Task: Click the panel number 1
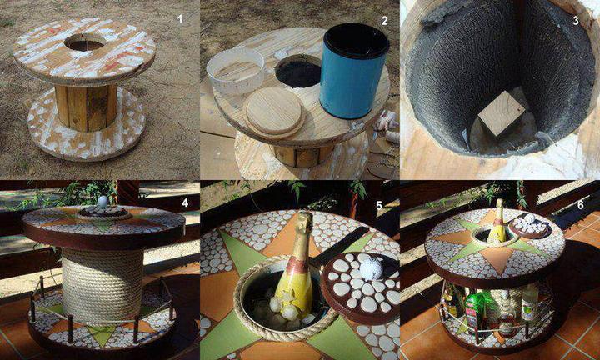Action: [x=180, y=19]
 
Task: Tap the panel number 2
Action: [x=385, y=21]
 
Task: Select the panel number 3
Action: [x=575, y=20]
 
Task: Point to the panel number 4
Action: [x=185, y=203]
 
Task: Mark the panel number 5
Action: [x=379, y=206]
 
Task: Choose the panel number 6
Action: [x=581, y=205]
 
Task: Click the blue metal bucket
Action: [x=354, y=70]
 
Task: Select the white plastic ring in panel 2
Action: [x=236, y=71]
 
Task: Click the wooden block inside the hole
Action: [x=502, y=113]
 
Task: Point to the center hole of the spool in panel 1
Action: [x=85, y=42]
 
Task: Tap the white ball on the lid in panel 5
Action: [x=371, y=268]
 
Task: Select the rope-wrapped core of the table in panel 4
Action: [x=102, y=285]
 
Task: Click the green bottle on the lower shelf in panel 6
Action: [x=473, y=312]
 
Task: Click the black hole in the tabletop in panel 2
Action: [x=298, y=72]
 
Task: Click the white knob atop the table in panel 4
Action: [x=102, y=201]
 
